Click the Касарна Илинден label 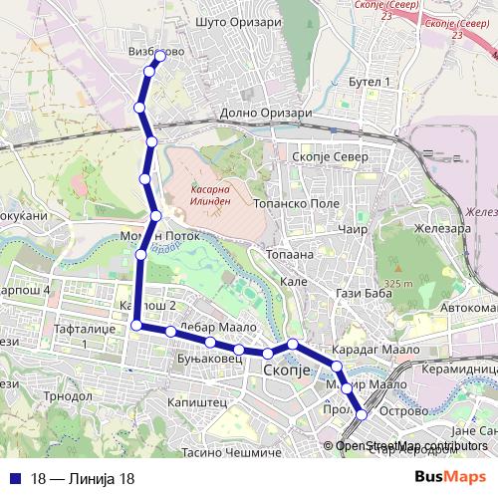click(206, 194)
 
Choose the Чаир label click(354, 229)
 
